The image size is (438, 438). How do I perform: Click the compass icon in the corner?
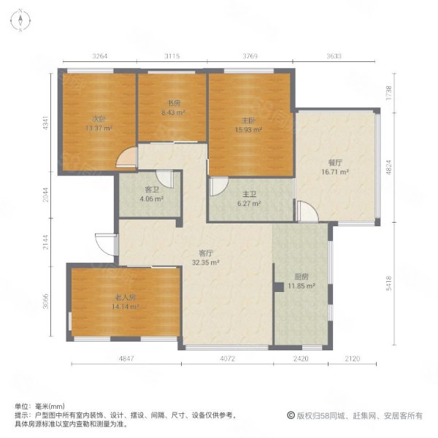pos(20,20)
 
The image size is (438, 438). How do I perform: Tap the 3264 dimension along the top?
pos(100,56)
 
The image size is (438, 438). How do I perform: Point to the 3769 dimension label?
pos(250,56)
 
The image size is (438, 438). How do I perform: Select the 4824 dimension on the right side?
pos(388,167)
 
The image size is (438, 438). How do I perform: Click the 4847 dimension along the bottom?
pos(126,358)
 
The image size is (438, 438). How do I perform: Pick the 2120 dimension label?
pos(353,358)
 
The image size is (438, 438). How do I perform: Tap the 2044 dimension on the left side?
pos(45,195)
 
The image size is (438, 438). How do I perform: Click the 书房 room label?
pos(174,104)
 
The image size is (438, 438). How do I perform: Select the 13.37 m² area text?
pos(99,128)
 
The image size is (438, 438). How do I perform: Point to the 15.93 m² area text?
pos(248,130)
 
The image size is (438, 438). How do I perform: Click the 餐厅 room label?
pos(334,163)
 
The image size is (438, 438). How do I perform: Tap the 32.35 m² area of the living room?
pos(205,263)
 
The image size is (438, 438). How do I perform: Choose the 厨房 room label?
pos(301,277)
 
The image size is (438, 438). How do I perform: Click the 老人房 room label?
pos(126,297)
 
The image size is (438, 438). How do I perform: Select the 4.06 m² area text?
pos(151,199)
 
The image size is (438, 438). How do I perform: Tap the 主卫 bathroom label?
pos(249,194)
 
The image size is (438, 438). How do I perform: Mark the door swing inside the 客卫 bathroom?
pos(165,180)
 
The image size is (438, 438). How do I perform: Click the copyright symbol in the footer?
pos(291,415)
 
